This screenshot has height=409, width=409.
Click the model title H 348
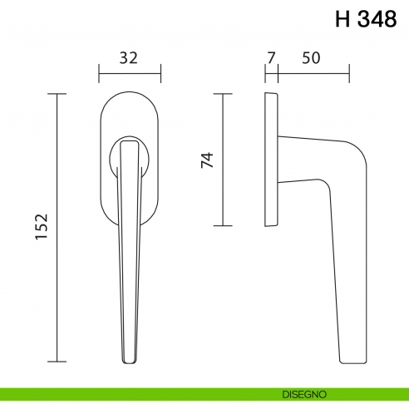point(366,19)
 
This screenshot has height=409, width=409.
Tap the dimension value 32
point(128,58)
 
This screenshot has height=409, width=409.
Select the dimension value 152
point(42,226)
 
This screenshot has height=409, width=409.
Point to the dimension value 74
point(207,160)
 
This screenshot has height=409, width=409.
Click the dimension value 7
point(271,58)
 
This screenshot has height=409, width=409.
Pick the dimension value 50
point(311,58)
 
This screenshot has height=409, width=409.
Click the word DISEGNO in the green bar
point(304,394)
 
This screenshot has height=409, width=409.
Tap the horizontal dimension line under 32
point(130,74)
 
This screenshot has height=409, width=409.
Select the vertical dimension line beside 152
point(57,228)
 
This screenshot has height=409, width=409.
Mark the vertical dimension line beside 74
point(223,160)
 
